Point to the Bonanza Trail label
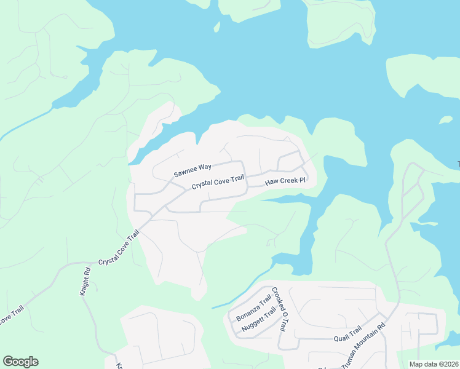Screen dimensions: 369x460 (253, 309)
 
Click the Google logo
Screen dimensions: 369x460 (20, 362)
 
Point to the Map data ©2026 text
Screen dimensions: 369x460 (434, 364)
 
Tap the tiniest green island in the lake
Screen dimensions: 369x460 (216, 27)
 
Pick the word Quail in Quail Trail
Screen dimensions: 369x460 (340, 338)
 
